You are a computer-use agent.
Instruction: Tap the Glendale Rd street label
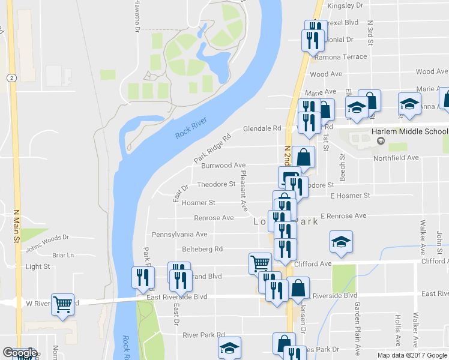pos(262,128)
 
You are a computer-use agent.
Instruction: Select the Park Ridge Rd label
pos(212,148)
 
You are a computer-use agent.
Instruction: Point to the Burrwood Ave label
pos(223,165)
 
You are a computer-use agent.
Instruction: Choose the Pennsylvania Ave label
pos(179,234)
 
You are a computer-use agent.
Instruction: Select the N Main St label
pos(16,225)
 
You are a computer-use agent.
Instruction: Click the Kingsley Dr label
pos(345,5)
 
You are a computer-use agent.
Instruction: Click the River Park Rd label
pos(203,335)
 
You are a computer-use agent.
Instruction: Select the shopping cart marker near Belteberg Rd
pos(259,263)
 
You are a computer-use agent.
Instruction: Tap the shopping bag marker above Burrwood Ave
pos(304,157)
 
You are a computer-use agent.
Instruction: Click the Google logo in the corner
pos(19,353)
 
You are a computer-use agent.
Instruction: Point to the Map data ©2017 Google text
pos(412,355)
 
